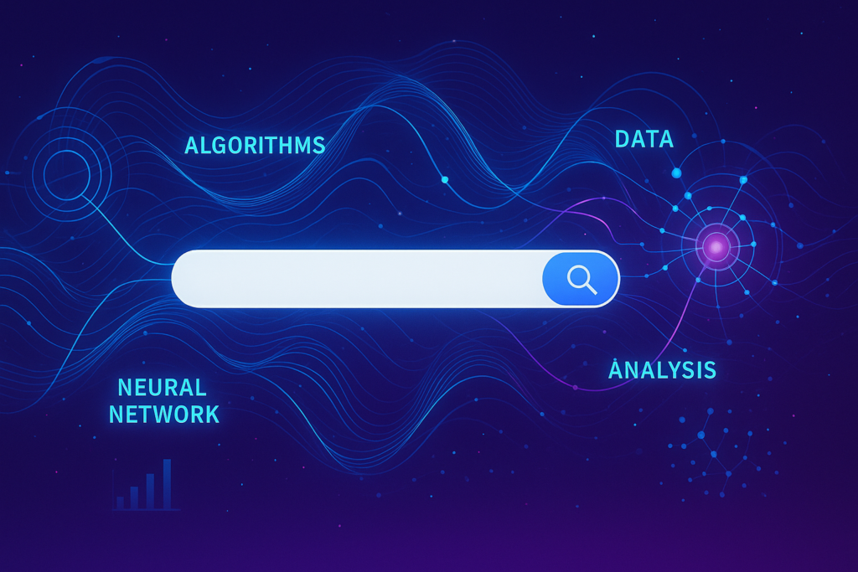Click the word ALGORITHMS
pos(255,146)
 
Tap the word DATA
pos(644,140)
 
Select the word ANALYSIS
pos(662,370)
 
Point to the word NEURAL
pos(163,388)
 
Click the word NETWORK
pos(164,415)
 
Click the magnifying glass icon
pos(581,280)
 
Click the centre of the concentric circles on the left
pos(66,175)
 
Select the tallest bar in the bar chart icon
pos(167,485)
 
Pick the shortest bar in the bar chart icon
pos(120,503)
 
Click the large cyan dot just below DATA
pos(677,173)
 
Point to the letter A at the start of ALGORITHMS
pos(192,146)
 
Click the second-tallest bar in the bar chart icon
pos(151,492)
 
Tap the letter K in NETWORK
pos(212,415)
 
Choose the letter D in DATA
pos(623,140)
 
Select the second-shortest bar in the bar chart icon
pos(135,498)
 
